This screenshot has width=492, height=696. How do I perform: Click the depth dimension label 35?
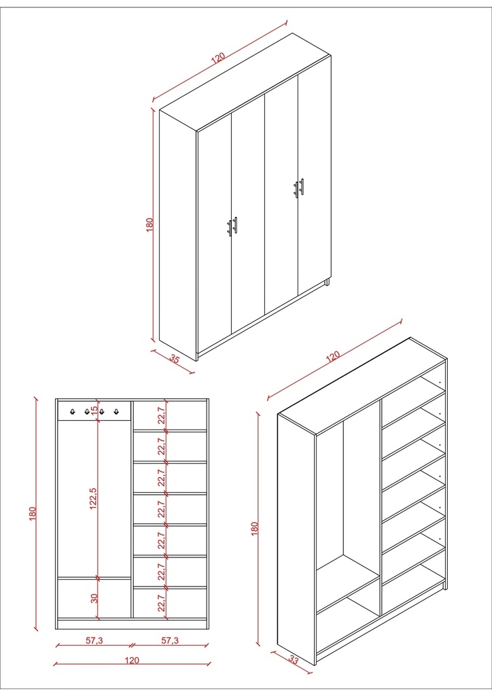point(175,359)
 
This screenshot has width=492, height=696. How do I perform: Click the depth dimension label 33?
point(294,658)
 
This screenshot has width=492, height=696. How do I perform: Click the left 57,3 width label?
point(94,640)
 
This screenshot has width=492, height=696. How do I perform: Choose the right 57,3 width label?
point(170,640)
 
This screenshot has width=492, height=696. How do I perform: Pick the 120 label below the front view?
point(132,659)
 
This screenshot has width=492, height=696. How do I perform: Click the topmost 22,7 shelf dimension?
point(161,414)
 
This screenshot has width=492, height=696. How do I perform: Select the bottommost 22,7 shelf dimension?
point(161,603)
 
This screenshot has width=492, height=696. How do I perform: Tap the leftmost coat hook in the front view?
point(72,411)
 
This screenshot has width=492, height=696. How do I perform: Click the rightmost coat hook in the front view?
point(116,411)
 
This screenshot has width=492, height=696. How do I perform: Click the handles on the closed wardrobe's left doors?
point(232,226)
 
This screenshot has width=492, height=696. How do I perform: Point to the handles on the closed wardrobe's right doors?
point(299,188)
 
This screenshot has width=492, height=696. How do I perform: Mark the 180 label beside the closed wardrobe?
point(150,224)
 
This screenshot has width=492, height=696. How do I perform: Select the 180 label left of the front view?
point(32,514)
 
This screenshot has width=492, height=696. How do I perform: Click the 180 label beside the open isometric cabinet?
point(255,529)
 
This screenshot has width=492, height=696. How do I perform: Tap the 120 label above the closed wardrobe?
point(217,58)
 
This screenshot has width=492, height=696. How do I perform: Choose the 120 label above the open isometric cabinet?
point(333,357)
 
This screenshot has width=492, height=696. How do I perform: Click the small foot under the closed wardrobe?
point(327,281)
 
